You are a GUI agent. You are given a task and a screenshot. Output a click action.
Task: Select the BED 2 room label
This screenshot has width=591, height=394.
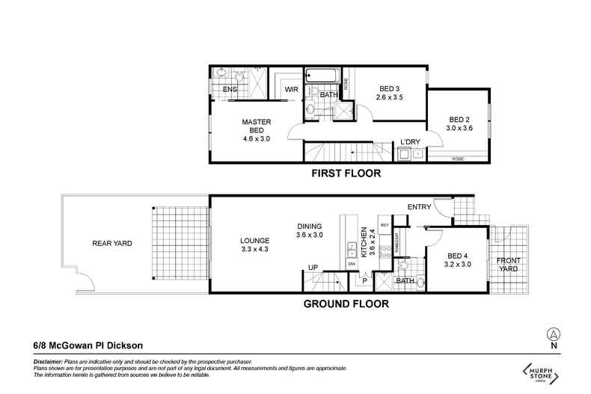click(x=459, y=123)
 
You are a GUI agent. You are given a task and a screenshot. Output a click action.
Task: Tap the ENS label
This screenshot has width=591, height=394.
click(x=230, y=90)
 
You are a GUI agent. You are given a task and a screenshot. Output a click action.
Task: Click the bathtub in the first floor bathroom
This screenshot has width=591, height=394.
click(x=322, y=76)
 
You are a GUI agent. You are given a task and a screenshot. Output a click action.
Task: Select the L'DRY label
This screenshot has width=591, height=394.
click(x=409, y=142)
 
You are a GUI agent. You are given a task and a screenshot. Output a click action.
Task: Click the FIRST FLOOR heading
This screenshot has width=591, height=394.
click(x=346, y=173)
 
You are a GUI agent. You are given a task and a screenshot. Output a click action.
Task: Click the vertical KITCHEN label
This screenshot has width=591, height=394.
click(x=364, y=243)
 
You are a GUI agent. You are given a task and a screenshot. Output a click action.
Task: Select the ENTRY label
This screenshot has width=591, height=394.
click(x=420, y=207)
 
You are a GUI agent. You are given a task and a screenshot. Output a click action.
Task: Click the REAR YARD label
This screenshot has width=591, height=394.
click(x=107, y=243)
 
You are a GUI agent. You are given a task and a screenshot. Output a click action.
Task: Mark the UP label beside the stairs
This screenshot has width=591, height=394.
click(x=314, y=267)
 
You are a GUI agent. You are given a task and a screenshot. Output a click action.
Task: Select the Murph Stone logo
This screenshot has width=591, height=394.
click(x=541, y=372)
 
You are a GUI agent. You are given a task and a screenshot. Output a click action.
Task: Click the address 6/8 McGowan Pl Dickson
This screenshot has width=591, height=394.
click(x=88, y=345)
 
